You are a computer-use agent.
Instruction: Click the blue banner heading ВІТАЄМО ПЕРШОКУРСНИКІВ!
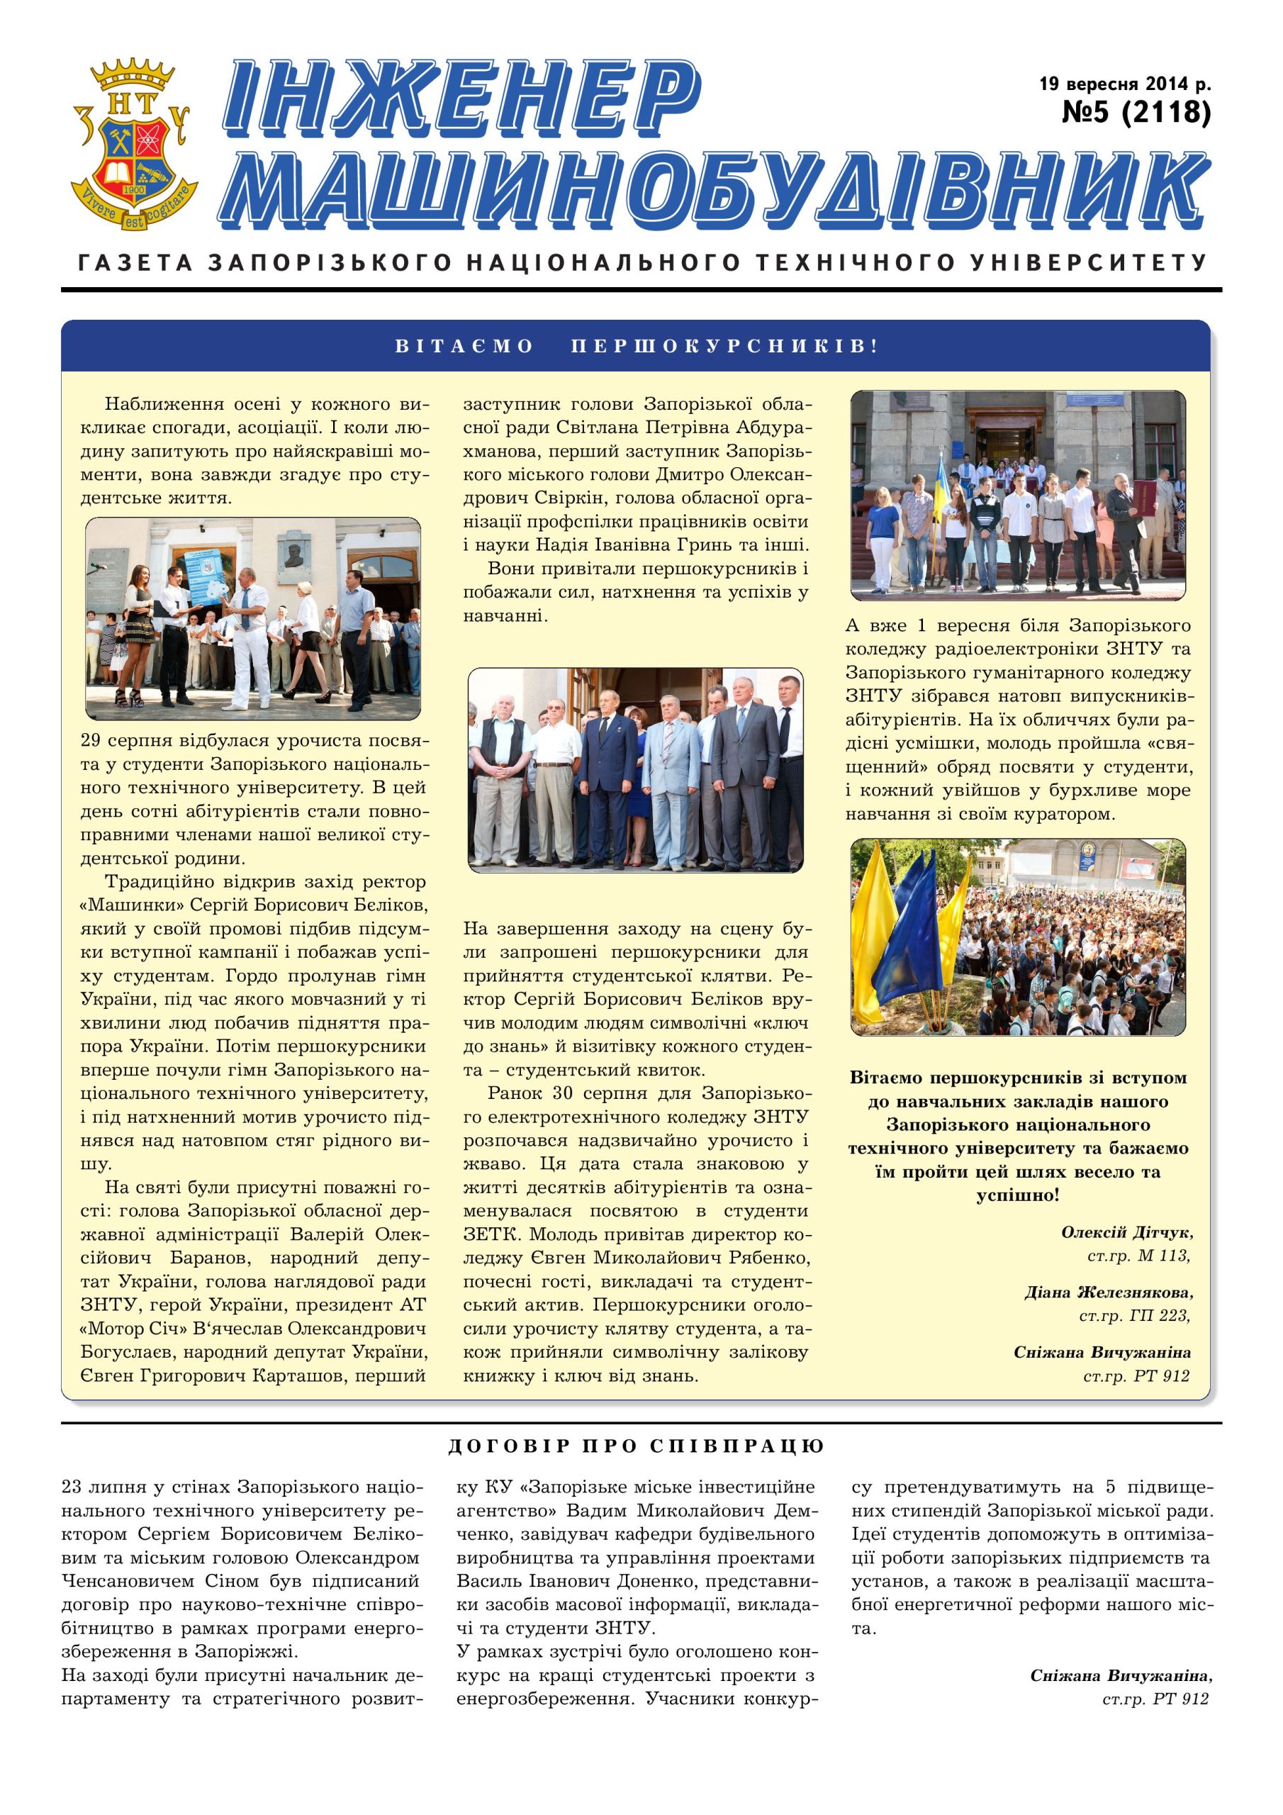point(636,346)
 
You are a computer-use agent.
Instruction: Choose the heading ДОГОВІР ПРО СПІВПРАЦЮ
point(636,1446)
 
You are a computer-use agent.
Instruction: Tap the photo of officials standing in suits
point(636,770)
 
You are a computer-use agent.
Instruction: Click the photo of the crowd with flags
point(1018,937)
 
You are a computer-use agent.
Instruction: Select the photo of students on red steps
point(1018,495)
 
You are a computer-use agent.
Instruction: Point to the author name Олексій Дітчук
point(1126,1232)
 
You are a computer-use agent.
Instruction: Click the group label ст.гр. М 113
point(1138,1256)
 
